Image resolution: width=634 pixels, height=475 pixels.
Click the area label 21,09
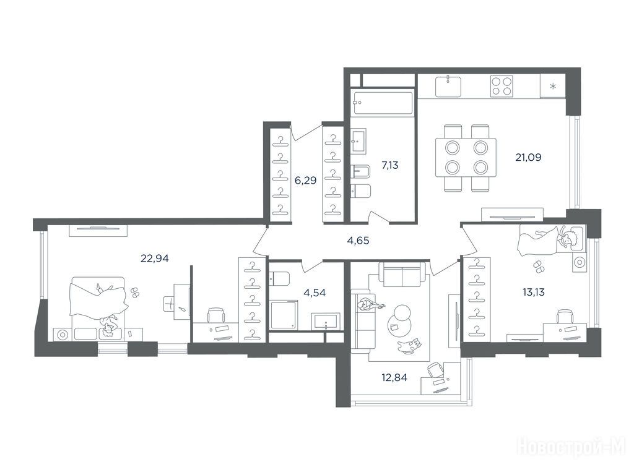pos(528,157)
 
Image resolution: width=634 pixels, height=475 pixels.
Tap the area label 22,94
pos(154,258)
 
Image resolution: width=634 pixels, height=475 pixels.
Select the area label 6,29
pos(305,181)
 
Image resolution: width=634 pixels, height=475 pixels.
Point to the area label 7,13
pos(390,165)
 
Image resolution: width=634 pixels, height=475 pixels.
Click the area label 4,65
pos(358,241)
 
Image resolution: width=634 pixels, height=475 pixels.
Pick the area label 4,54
pos(315,293)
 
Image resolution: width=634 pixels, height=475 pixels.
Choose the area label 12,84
pos(394,378)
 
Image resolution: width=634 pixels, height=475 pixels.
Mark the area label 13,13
pos(534,292)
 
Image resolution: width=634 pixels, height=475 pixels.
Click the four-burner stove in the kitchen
pos(502,87)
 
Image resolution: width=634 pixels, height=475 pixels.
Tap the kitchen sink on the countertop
pos(448,87)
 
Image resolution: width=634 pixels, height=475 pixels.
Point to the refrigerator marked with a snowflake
pos(552,86)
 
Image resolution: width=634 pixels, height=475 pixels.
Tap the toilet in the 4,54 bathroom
pos(279,279)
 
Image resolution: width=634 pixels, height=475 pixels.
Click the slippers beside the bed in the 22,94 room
pos(134,293)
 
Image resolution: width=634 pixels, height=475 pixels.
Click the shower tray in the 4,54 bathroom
pos(284,314)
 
